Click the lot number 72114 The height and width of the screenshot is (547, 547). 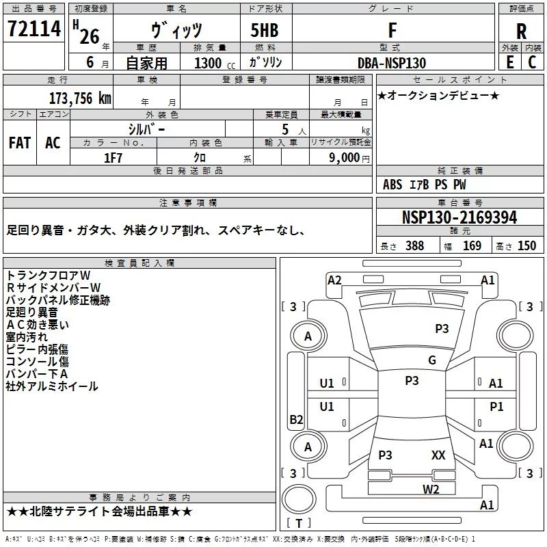tap(34, 29)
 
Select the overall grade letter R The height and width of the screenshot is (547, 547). tap(521, 31)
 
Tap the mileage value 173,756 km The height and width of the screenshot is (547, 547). tap(80, 98)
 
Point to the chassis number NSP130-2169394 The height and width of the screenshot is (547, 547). tap(459, 217)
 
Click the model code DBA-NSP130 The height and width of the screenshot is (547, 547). tap(392, 63)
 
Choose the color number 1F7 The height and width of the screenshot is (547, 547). tap(113, 158)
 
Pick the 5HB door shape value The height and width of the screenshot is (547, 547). tap(265, 30)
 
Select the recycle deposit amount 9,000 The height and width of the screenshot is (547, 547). tap(345, 158)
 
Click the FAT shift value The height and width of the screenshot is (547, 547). tap(20, 143)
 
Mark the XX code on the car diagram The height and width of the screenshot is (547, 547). tap(438, 455)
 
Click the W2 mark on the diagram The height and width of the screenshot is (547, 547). tap(431, 490)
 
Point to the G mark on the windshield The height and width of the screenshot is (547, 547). tap(432, 360)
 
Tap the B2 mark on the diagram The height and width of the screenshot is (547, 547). tap(296, 419)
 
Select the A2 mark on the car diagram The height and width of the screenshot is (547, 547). tap(334, 280)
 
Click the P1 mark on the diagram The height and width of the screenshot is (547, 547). tap(496, 406)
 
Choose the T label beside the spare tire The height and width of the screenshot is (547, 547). tap(299, 523)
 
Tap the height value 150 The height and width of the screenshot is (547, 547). tap(526, 246)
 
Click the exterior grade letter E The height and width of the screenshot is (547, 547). tap(509, 62)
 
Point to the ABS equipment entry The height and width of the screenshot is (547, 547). tap(392, 185)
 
